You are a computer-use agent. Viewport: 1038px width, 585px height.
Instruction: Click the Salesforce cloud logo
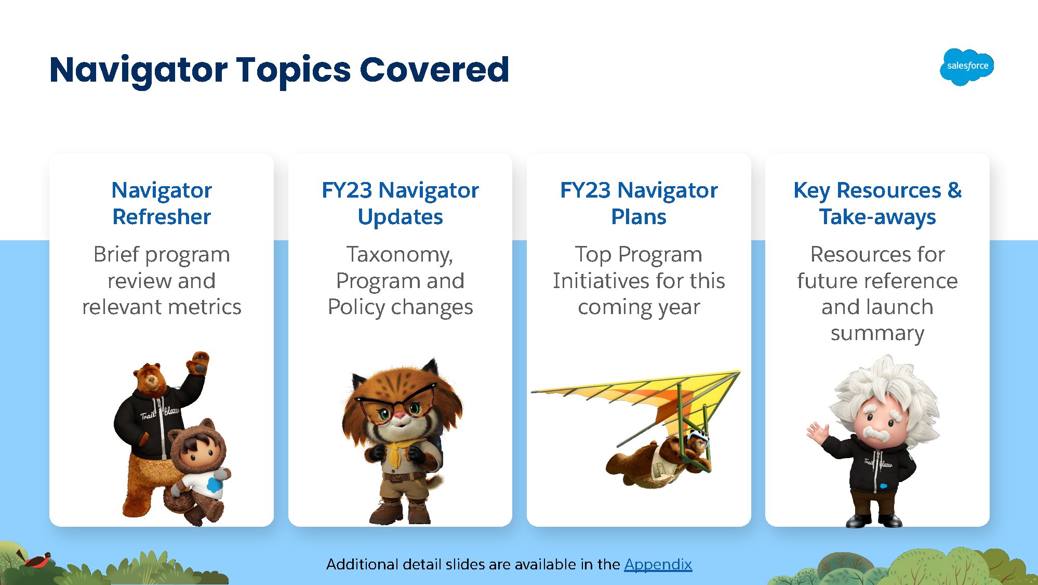tap(966, 67)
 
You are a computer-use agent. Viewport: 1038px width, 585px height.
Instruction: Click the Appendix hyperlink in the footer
tap(658, 564)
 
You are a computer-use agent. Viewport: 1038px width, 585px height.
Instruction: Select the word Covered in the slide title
tap(434, 70)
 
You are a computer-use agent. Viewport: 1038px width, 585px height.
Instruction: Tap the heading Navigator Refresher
tap(162, 203)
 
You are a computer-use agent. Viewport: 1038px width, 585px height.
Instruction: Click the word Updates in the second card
tap(400, 217)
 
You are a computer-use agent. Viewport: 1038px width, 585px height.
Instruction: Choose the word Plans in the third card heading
tap(638, 217)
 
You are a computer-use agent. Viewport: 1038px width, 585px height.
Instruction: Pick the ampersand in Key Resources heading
tap(954, 190)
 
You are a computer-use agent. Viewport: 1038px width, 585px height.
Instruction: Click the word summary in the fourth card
tap(877, 334)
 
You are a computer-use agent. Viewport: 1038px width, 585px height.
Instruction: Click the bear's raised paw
tap(198, 362)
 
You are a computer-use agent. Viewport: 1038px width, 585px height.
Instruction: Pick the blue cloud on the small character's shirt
tap(215, 485)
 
